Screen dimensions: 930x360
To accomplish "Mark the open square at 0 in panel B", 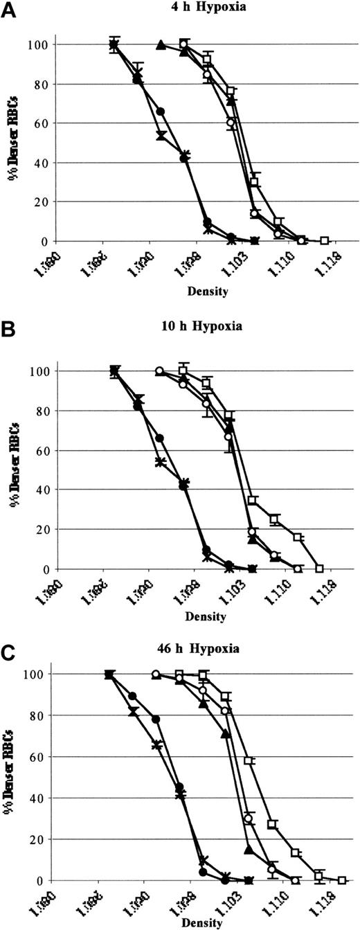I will [x=319, y=569].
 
